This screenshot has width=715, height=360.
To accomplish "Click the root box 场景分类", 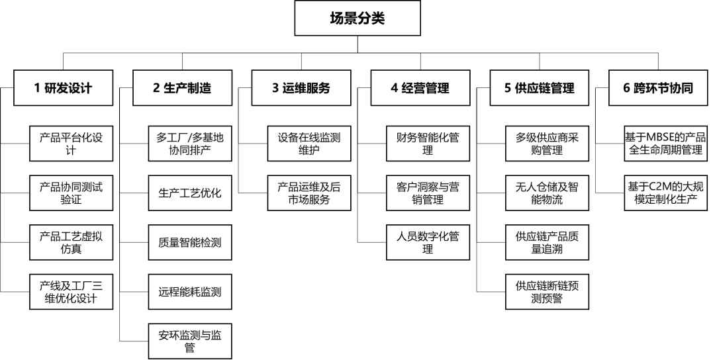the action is [358, 19].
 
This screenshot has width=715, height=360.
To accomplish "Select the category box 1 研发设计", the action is [64, 88].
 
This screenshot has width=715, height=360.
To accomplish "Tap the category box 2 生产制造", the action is [183, 88].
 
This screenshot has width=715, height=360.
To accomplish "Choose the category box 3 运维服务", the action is [301, 88].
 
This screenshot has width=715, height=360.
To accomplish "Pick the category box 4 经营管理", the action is [420, 88].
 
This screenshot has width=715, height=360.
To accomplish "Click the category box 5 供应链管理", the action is [540, 88].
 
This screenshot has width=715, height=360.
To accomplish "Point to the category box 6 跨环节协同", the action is [659, 88].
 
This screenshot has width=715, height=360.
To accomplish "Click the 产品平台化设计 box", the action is [71, 144].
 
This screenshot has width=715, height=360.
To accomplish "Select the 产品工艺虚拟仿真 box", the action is [71, 242].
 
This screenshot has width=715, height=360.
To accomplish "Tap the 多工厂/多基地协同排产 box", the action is [190, 144].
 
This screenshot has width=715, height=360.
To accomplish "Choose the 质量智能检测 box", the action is [190, 242].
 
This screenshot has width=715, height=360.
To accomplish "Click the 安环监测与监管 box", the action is [190, 341].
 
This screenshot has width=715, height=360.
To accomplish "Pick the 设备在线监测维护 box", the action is [309, 144].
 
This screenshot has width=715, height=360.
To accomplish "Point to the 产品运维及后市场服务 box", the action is [309, 193].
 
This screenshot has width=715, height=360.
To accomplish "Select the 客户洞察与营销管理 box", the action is [428, 193].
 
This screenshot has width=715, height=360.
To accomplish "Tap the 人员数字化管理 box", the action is [428, 242].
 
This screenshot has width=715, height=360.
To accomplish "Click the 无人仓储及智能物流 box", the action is [548, 193].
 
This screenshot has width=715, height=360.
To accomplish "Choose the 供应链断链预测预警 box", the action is [548, 292].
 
